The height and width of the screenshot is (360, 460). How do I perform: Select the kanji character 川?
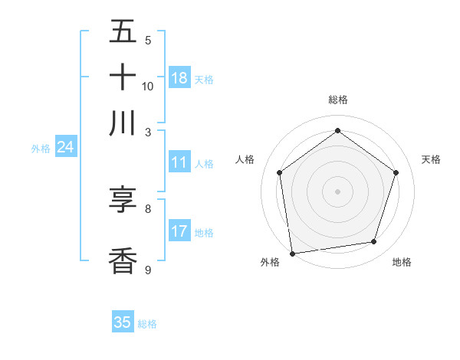(123, 123)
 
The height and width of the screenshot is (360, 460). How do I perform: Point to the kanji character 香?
(123, 260)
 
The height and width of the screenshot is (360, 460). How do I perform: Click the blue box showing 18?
(179, 78)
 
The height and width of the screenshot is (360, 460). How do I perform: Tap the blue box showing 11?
(179, 162)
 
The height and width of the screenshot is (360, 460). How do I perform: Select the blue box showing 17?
(179, 231)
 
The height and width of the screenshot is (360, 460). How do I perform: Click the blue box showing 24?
(65, 147)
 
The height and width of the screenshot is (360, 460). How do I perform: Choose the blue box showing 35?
(123, 322)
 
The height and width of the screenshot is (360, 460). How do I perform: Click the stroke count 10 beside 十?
(148, 86)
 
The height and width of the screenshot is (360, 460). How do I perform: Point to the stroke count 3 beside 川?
(148, 132)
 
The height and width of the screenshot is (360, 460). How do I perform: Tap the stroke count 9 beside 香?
(148, 270)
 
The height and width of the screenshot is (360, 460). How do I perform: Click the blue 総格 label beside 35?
(147, 324)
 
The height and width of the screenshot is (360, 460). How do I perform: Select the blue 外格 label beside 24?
(41, 149)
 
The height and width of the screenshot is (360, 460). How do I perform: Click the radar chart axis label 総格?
(337, 100)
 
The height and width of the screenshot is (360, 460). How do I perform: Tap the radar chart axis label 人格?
(245, 159)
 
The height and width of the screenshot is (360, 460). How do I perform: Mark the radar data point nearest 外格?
(292, 253)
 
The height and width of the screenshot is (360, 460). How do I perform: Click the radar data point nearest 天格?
(396, 172)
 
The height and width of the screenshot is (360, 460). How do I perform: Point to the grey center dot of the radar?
(337, 191)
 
